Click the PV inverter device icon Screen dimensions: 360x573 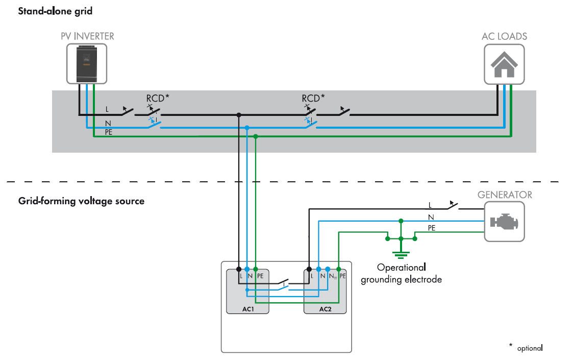pyautogui.click(x=87, y=63)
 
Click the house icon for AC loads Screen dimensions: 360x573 pyautogui.click(x=504, y=64)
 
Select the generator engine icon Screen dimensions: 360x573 pyautogui.click(x=504, y=222)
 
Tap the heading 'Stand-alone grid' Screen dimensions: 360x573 pyautogui.click(x=55, y=11)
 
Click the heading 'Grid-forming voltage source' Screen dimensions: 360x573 pyautogui.click(x=81, y=201)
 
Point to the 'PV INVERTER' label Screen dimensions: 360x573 pyautogui.click(x=87, y=36)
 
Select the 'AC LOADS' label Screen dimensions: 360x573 pyautogui.click(x=504, y=36)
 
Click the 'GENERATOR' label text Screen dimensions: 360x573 pyautogui.click(x=504, y=195)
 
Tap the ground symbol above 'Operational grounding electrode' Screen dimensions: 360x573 pyautogui.click(x=401, y=254)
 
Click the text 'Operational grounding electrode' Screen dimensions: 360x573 pyautogui.click(x=401, y=273)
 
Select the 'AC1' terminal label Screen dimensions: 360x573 pyautogui.click(x=248, y=309)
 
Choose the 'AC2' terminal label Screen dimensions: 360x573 pyautogui.click(x=325, y=309)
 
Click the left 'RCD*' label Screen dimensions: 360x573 pyautogui.click(x=157, y=98)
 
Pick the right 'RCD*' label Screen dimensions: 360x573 pyautogui.click(x=313, y=98)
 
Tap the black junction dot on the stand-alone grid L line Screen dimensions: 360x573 pyautogui.click(x=238, y=115)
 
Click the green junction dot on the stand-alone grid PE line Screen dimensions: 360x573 pyautogui.click(x=256, y=136)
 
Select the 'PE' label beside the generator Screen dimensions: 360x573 pyautogui.click(x=431, y=228)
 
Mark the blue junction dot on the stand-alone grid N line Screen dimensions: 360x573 pyautogui.click(x=247, y=128)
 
